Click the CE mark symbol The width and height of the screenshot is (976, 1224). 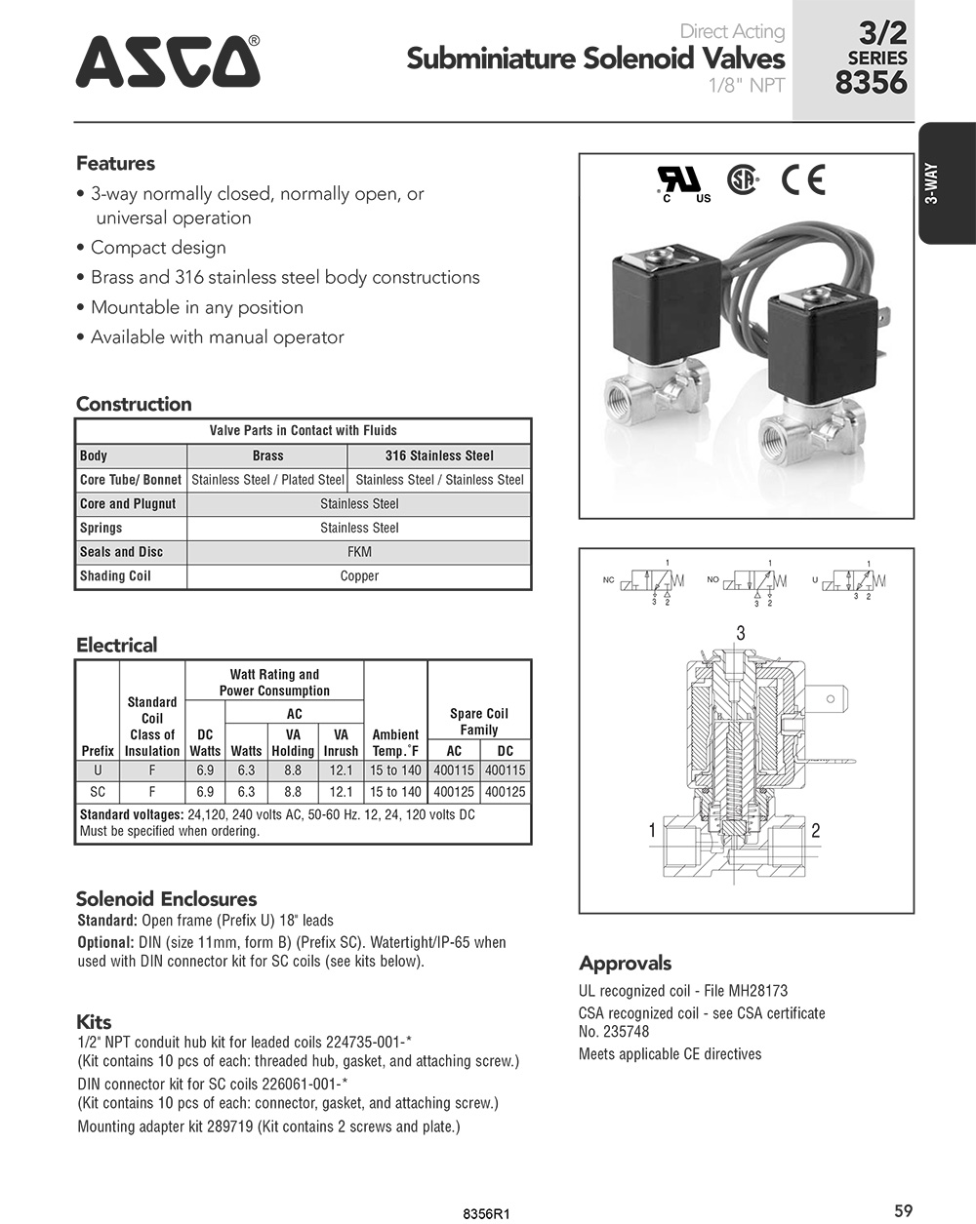tap(803, 180)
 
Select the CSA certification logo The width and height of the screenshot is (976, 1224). tap(743, 180)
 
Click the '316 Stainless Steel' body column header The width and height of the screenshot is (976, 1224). tap(439, 455)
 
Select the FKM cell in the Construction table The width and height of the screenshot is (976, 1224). tap(359, 552)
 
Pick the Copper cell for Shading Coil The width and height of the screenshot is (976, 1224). tap(359, 576)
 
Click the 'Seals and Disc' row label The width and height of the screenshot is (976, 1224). tap(122, 552)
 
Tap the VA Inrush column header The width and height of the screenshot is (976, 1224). tap(341, 742)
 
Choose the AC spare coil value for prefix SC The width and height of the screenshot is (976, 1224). tap(454, 792)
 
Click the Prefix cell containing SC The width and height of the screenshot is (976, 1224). tap(98, 792)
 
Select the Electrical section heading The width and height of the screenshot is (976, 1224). tap(116, 645)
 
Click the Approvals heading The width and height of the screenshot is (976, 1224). tap(625, 964)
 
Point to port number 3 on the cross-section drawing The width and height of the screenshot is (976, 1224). tap(741, 634)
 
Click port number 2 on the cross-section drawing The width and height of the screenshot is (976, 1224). tap(816, 831)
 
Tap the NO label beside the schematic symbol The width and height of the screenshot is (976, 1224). tap(712, 579)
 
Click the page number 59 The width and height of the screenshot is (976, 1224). tap(903, 1210)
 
